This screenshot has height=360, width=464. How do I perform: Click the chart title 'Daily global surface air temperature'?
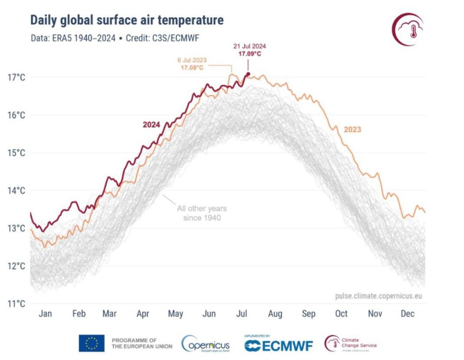click(x=127, y=20)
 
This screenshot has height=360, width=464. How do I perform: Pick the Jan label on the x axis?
click(x=45, y=314)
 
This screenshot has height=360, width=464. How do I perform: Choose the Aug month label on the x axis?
click(x=275, y=314)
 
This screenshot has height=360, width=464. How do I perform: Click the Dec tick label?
click(x=407, y=314)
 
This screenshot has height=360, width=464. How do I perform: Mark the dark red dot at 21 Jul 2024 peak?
click(x=248, y=74)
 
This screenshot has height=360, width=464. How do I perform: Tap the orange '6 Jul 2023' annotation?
click(x=192, y=60)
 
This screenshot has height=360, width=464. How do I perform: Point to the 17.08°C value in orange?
click(x=193, y=68)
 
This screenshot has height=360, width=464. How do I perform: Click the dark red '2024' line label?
click(x=151, y=125)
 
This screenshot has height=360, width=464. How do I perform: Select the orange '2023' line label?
click(x=352, y=129)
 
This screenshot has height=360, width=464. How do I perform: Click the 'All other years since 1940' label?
click(x=202, y=213)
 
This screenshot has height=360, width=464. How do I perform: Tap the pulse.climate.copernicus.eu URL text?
click(x=379, y=296)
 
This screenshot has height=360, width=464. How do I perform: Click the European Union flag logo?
click(x=91, y=343)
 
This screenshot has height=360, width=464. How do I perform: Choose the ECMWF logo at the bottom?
click(x=279, y=345)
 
